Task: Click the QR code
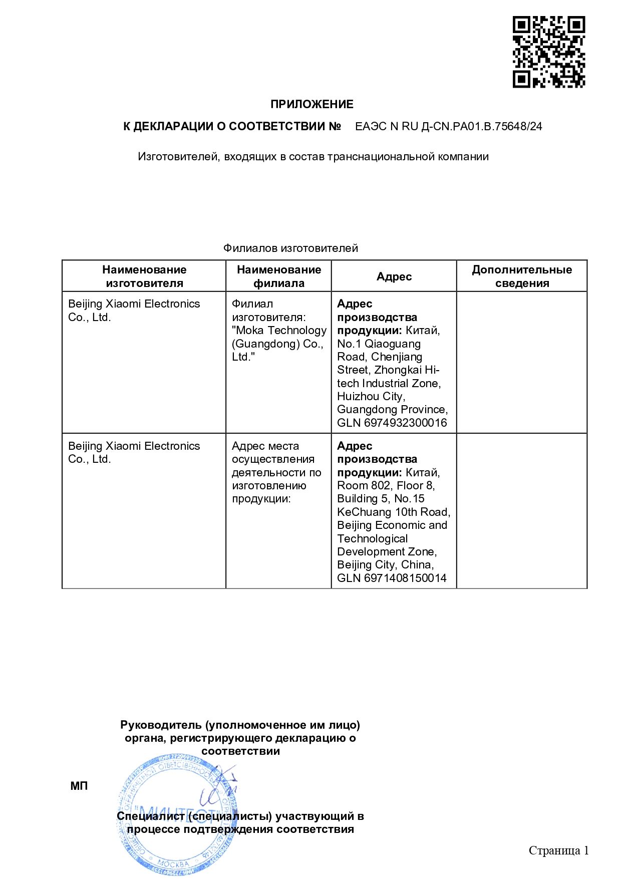coord(548,52)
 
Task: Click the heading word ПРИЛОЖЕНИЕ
coord(312,104)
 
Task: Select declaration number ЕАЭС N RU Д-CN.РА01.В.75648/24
coord(448,127)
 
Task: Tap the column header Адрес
coord(394,276)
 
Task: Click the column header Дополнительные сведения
coord(521,276)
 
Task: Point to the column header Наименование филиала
coord(278,276)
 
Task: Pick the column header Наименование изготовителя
coord(144,276)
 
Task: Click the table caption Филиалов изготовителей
coord(290,248)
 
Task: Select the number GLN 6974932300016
coord(392,423)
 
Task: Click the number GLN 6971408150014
coord(392,578)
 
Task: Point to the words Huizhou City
coord(371,396)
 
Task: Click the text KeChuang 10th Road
coord(393,512)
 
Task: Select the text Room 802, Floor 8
coord(386,485)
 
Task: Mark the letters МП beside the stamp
coord(79,786)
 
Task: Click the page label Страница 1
coord(558,850)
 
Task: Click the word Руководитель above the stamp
coord(161,725)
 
